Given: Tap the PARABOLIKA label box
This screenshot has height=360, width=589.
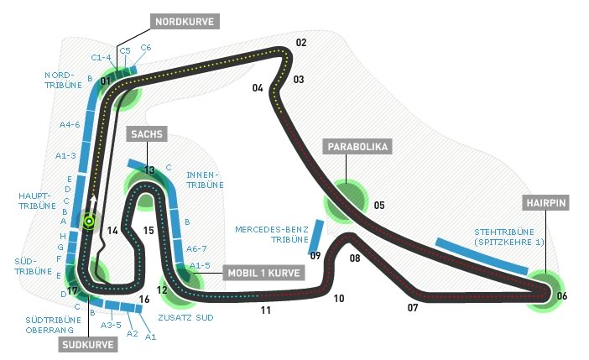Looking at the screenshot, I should (357, 147).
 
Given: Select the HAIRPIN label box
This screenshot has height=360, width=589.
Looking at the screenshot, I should (547, 203).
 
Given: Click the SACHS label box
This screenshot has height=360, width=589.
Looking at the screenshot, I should (146, 134).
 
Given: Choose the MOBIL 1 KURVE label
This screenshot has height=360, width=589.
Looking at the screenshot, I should (265, 273).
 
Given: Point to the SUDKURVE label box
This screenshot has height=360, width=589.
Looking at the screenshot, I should (86, 344).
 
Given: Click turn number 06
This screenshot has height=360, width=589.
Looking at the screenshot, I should (561, 295).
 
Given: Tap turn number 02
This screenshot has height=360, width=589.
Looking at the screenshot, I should (300, 43).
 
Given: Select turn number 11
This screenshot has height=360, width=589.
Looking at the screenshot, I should (265, 310).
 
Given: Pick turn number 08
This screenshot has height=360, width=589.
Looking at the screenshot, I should (355, 258).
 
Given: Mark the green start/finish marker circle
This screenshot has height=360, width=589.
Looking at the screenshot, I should (88, 223).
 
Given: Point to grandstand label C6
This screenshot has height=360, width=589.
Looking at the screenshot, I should (146, 47).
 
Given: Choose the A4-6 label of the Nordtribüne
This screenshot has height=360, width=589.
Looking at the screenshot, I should (69, 124).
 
